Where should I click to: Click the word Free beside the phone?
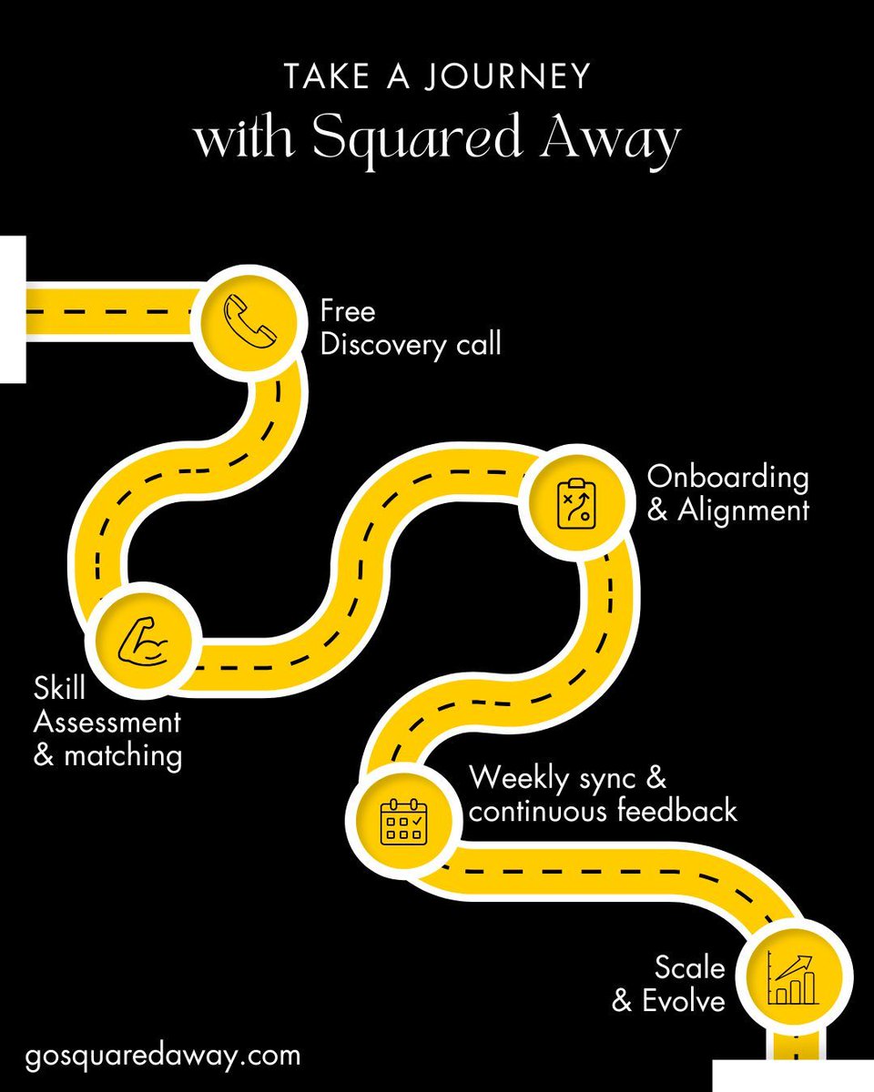(x=347, y=311)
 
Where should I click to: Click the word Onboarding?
(x=727, y=477)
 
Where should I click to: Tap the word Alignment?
(x=743, y=511)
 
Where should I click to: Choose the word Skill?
(x=59, y=689)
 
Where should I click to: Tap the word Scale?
(x=690, y=966)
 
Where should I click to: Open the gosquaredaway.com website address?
(x=163, y=1056)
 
